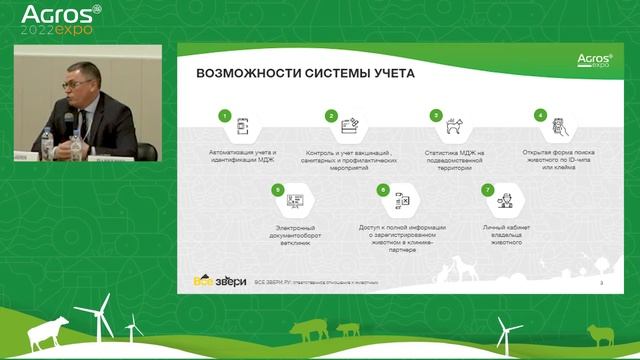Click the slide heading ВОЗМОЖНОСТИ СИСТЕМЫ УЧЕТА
click(299, 73)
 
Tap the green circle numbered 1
click(227, 116)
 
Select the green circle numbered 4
click(541, 116)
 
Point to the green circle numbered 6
click(382, 189)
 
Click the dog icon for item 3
click(455, 128)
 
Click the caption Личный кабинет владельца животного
click(507, 233)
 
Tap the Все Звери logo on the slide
click(219, 281)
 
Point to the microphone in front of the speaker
click(69, 121)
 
